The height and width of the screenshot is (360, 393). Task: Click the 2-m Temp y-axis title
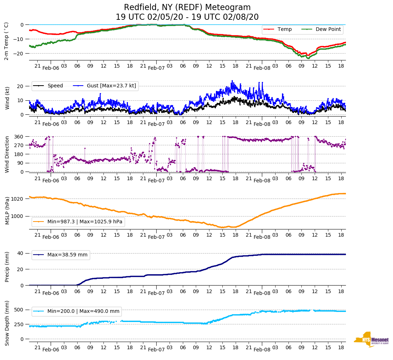(x=6, y=41)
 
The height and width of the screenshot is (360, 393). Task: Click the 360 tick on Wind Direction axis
(x=19, y=137)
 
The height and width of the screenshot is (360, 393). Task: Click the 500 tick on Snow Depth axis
(x=19, y=310)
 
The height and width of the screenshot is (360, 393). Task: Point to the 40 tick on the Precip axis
(x=20, y=253)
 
